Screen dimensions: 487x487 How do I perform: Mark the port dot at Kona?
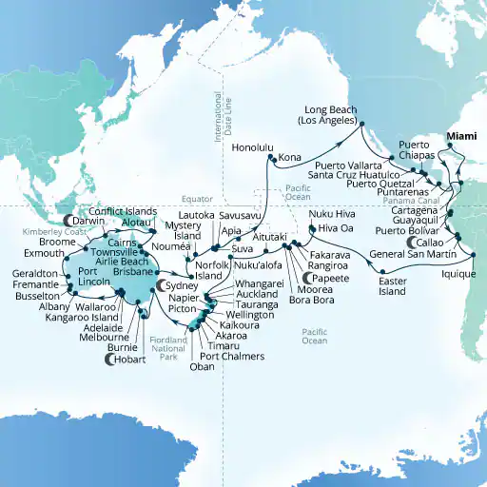click(x=273, y=166)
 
